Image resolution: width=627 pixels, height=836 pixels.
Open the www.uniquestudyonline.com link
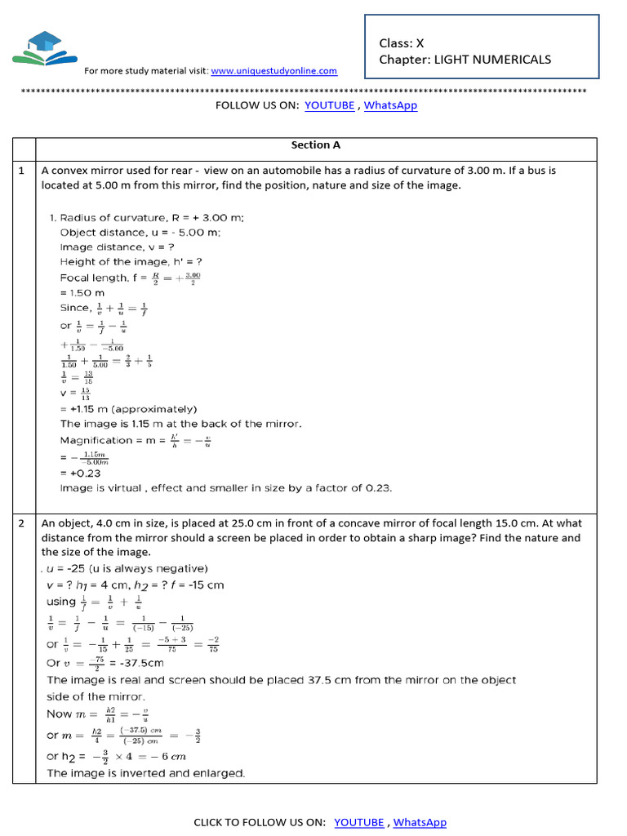(273, 71)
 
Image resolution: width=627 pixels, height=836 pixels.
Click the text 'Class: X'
(402, 43)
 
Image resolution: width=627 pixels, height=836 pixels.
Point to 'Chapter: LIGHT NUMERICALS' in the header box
(465, 60)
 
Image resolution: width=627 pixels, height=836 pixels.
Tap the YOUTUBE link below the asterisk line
(330, 105)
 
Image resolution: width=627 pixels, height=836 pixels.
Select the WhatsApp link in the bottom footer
(420, 822)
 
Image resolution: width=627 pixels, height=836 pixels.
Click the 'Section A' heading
(316, 145)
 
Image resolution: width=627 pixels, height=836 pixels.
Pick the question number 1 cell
(23, 171)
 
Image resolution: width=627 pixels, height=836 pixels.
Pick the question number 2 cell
(23, 523)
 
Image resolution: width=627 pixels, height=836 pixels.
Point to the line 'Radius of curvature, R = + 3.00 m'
(151, 217)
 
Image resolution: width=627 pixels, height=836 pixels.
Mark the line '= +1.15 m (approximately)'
(128, 409)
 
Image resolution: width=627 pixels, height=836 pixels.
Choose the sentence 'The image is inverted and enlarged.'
(146, 772)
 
